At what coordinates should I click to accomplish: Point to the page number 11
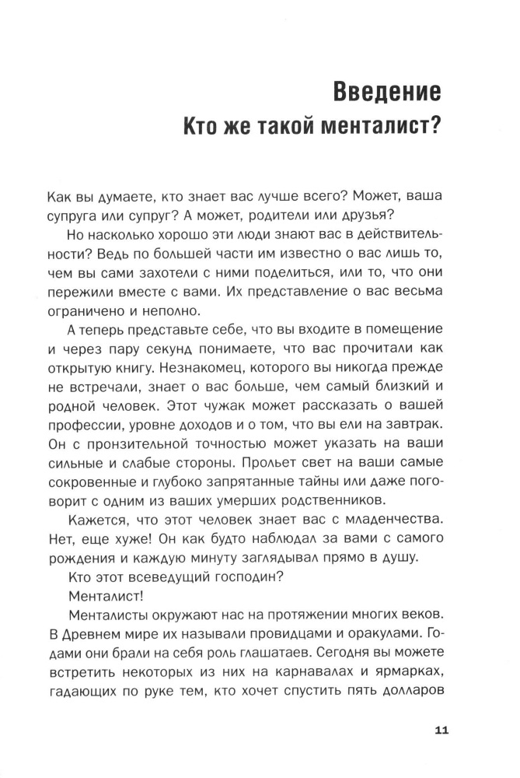click(x=441, y=731)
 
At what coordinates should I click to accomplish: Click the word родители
click(x=280, y=215)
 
